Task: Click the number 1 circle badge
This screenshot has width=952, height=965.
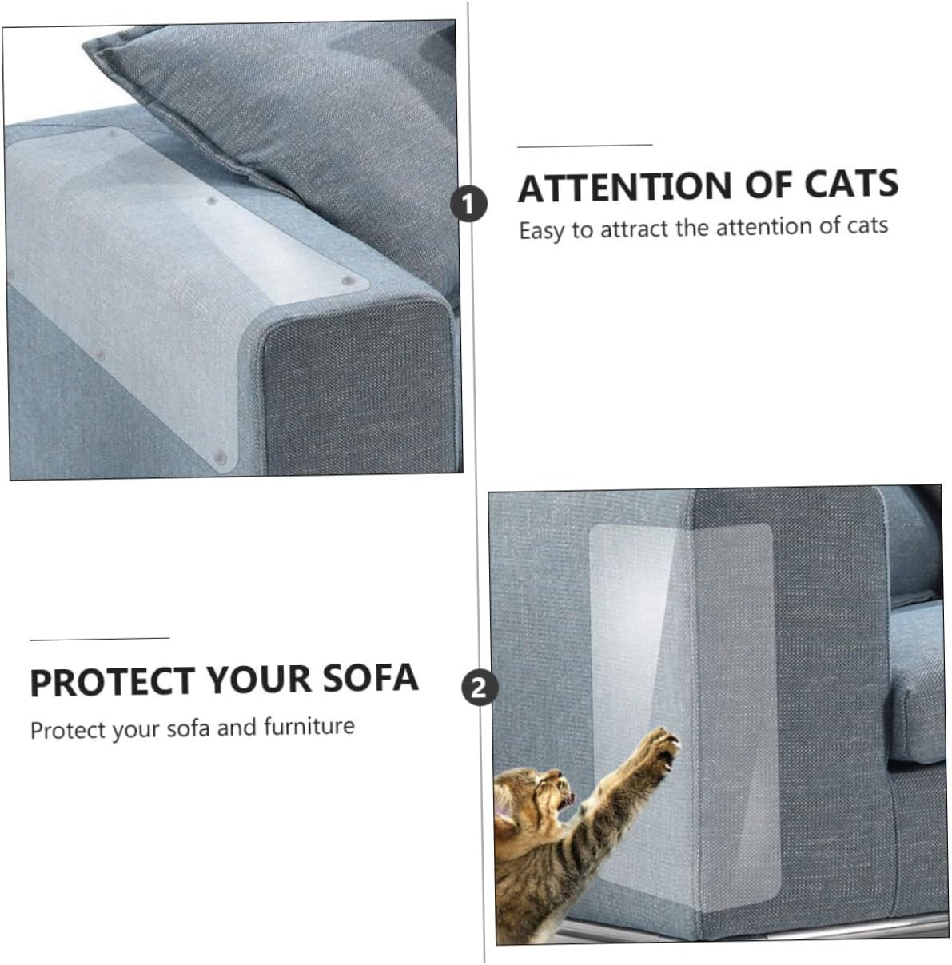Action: (x=468, y=204)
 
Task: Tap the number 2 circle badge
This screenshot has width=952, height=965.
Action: (x=478, y=688)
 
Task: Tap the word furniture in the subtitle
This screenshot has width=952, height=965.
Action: (x=309, y=727)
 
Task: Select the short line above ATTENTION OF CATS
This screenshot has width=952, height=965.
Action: (x=584, y=146)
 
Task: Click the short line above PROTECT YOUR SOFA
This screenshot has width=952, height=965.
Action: (x=99, y=638)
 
